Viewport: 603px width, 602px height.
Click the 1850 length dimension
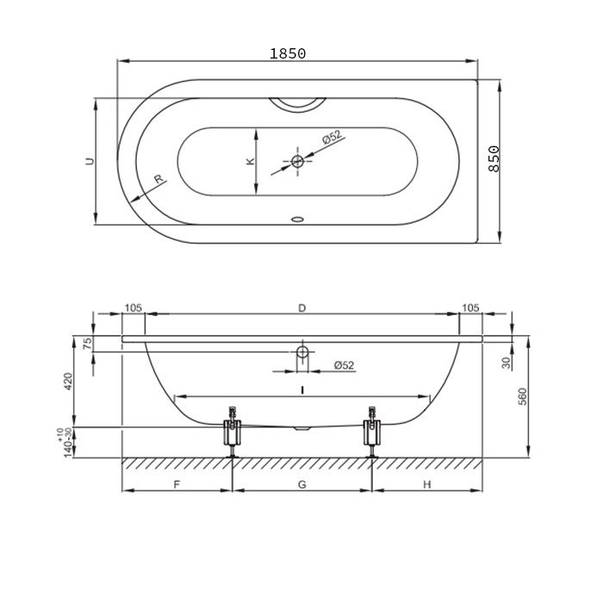coord(287,53)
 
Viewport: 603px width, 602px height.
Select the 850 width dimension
coord(494,158)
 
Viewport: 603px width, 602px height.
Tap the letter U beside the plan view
coord(90,161)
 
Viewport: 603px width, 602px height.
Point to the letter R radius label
coord(158,179)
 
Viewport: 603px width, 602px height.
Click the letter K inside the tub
coord(251,161)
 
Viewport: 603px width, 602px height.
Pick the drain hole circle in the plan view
coord(297,161)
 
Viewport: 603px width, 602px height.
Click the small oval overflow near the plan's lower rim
coord(297,220)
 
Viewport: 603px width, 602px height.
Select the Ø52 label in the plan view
coord(332,137)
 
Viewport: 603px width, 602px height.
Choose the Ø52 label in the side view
coord(344,365)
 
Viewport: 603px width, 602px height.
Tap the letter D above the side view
coord(301,308)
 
